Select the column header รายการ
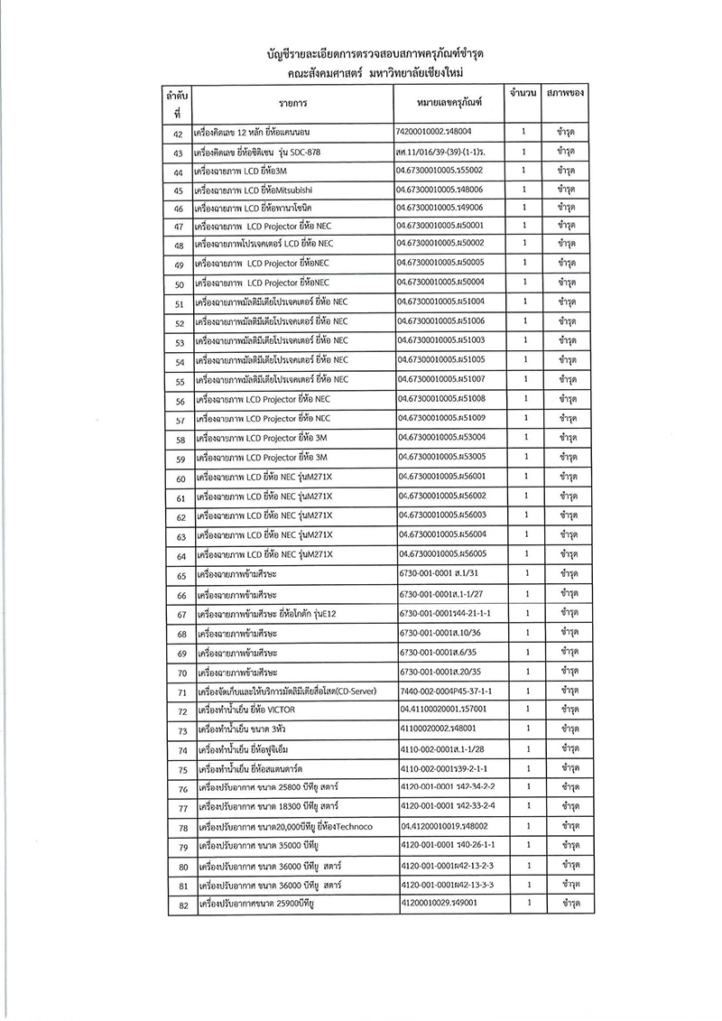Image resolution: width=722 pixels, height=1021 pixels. [x=296, y=103]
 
